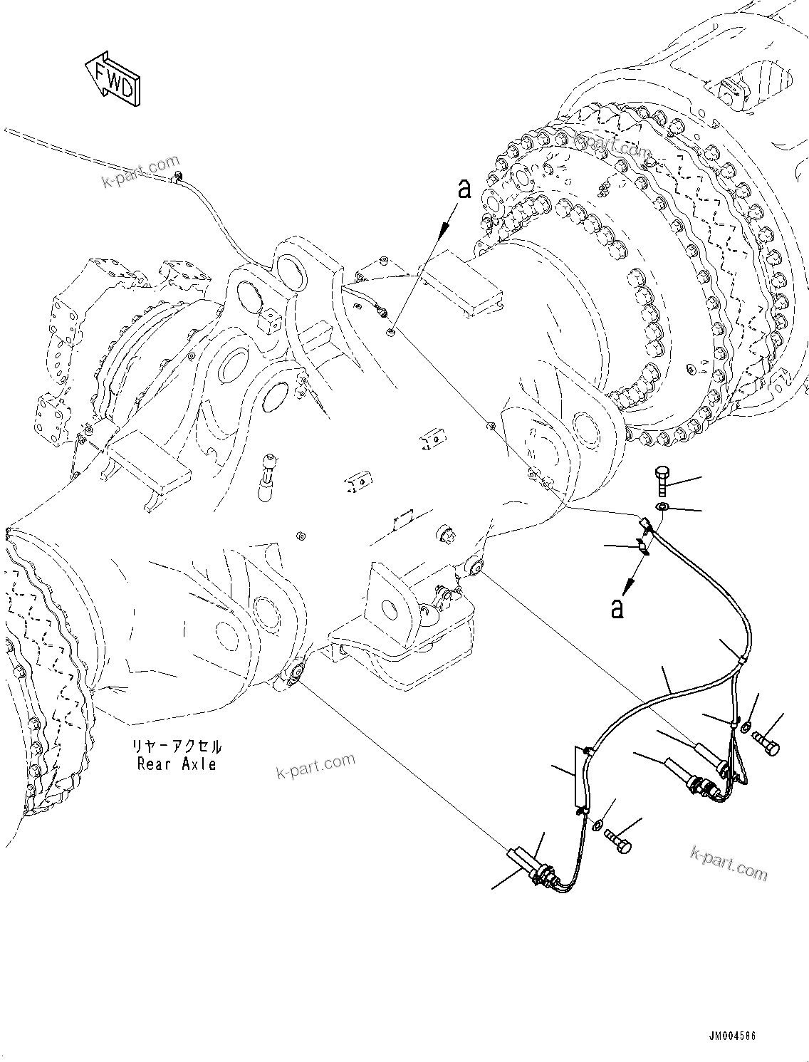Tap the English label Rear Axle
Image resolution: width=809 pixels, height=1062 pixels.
tap(177, 764)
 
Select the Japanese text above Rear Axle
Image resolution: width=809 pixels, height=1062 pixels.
tap(177, 747)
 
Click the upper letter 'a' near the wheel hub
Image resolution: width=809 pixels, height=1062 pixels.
tap(464, 189)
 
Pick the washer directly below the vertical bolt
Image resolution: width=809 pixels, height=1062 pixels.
tap(662, 506)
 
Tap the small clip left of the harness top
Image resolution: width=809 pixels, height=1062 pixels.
tap(643, 546)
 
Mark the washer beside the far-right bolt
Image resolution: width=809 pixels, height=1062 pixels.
tap(745, 727)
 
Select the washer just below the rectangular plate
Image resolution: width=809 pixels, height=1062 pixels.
tap(596, 823)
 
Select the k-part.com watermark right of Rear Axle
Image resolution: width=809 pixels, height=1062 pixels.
tap(315, 766)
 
